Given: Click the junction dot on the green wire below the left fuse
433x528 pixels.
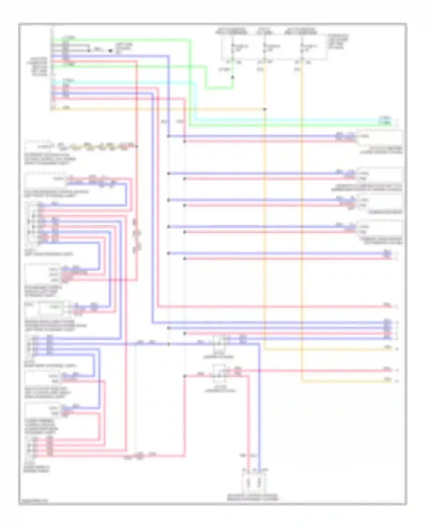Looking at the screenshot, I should click(x=233, y=77).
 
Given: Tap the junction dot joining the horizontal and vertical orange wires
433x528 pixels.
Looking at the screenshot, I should click(x=264, y=109).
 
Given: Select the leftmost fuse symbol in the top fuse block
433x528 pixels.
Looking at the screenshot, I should click(x=233, y=48).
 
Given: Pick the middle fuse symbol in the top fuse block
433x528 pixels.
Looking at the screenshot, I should click(x=264, y=48).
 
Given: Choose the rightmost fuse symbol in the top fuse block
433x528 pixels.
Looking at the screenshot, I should click(x=302, y=48).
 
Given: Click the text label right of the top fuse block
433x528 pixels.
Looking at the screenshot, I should click(x=338, y=42).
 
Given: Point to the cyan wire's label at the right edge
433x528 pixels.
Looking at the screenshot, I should click(x=385, y=118).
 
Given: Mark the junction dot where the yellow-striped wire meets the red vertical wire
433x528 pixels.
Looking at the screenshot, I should click(x=137, y=147).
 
